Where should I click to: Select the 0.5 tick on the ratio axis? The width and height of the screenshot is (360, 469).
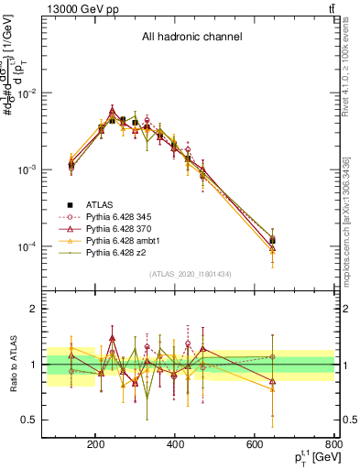coord(54,420)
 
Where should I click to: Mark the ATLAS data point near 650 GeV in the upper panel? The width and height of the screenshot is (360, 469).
coord(272,239)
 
